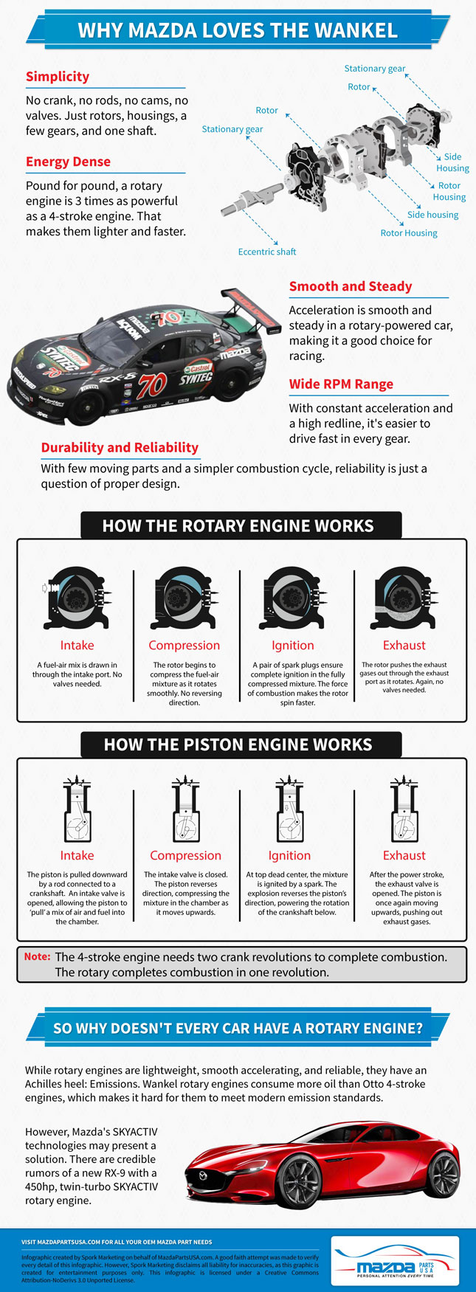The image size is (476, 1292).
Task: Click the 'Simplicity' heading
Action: (58, 77)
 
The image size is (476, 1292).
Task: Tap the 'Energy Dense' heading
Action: (68, 162)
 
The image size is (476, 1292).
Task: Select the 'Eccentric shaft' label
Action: (266, 252)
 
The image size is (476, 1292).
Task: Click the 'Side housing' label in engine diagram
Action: (432, 215)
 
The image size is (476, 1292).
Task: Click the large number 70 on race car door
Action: (152, 384)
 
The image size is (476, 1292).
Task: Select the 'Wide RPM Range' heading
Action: (341, 384)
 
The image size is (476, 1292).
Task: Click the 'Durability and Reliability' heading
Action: (120, 448)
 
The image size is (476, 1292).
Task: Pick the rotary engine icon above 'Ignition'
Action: (292, 598)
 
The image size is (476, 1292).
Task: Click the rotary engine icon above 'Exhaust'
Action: (404, 598)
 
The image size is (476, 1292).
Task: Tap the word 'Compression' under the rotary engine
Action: (184, 646)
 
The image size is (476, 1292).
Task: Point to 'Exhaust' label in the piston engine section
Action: (404, 856)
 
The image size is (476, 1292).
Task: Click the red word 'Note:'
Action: (37, 957)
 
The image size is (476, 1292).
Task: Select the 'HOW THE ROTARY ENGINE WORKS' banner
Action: (238, 526)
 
